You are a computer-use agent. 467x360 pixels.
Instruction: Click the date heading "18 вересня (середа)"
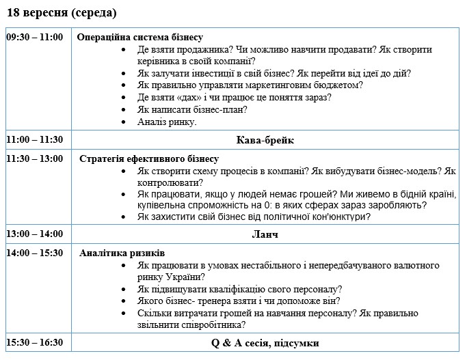pos(62,13)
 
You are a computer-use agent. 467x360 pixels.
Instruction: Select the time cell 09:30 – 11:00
pos(35,37)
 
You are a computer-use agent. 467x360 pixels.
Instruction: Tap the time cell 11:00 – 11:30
pos(35,139)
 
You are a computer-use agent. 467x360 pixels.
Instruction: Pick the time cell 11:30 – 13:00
pos(35,158)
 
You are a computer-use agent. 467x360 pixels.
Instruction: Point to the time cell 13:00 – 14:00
pos(35,234)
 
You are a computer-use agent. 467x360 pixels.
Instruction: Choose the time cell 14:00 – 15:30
pos(35,253)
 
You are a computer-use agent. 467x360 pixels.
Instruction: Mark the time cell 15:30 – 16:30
pos(35,342)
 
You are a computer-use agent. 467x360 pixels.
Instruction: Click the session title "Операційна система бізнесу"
pos(139,38)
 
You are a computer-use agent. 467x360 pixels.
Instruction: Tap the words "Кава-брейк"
pos(265,140)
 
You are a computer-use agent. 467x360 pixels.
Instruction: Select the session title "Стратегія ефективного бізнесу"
pos(149,159)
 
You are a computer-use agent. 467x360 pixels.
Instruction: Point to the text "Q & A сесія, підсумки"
pos(265,343)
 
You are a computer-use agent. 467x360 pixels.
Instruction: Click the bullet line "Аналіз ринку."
pos(167,122)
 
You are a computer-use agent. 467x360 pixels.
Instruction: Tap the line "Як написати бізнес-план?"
pos(192,110)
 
